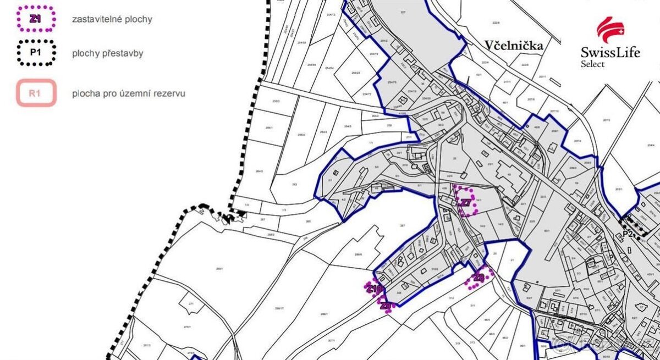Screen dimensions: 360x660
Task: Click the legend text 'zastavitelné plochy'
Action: [112, 19]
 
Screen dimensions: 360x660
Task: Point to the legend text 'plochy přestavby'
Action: [108, 54]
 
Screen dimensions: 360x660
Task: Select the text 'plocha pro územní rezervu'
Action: [128, 93]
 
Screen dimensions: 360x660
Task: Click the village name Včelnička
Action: [514, 46]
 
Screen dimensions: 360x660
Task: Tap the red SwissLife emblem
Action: [611, 30]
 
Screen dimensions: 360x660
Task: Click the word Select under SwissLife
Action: [592, 64]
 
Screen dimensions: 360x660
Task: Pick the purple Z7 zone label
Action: [466, 203]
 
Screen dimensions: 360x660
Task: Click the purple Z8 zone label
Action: [479, 278]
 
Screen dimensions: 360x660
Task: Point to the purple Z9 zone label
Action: [387, 305]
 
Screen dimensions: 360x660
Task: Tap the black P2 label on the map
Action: [628, 234]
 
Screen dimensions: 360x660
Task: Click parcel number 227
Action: [403, 12]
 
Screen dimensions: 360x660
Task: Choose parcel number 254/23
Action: [356, 73]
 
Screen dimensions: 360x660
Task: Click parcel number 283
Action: [294, 184]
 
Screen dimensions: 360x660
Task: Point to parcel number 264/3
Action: [260, 171]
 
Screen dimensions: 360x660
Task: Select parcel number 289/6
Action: [358, 254]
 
